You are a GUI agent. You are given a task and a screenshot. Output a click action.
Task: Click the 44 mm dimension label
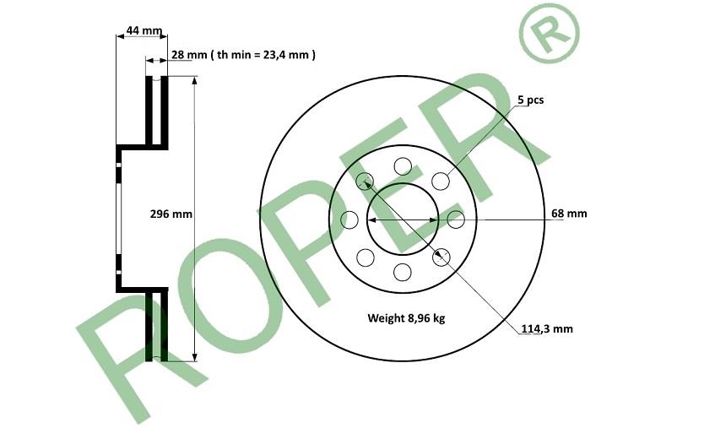[144, 30]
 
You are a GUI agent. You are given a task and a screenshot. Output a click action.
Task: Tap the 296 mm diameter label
[171, 214]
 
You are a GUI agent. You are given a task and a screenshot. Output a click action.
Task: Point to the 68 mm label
[569, 214]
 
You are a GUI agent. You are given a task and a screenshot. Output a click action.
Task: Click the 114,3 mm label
[547, 328]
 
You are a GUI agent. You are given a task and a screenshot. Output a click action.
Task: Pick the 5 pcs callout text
[531, 100]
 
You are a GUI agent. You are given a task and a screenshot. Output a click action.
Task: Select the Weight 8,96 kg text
[406, 317]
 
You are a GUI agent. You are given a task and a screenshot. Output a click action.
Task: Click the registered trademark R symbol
[549, 33]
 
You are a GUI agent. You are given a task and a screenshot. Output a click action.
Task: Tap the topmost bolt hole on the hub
[403, 166]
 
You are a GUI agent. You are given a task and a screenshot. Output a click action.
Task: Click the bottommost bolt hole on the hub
[402, 273]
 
